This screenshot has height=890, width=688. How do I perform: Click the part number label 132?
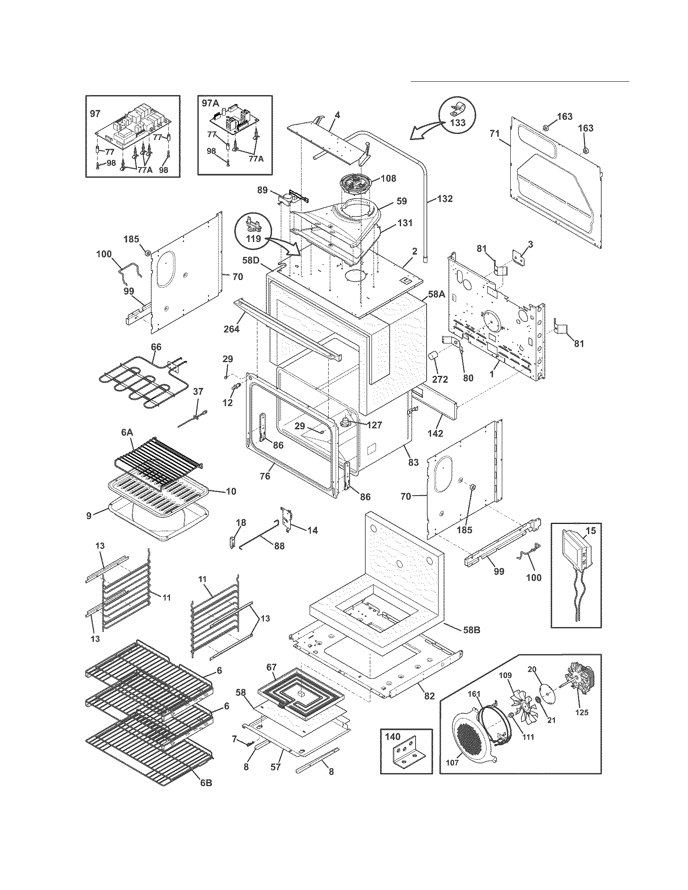pos(445,199)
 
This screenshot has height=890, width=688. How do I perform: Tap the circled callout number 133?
pos(458,123)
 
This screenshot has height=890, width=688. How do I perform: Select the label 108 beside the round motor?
pos(388,178)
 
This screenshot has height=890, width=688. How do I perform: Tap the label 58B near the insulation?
pos(471,630)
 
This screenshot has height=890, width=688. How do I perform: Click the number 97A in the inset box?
pos(211,104)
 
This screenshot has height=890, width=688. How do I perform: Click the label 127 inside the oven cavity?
pos(374,425)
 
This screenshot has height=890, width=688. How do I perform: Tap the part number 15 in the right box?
pos(590,530)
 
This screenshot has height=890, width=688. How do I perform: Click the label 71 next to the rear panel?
pos(495,133)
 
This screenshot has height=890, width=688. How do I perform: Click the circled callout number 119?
pos(253,238)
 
